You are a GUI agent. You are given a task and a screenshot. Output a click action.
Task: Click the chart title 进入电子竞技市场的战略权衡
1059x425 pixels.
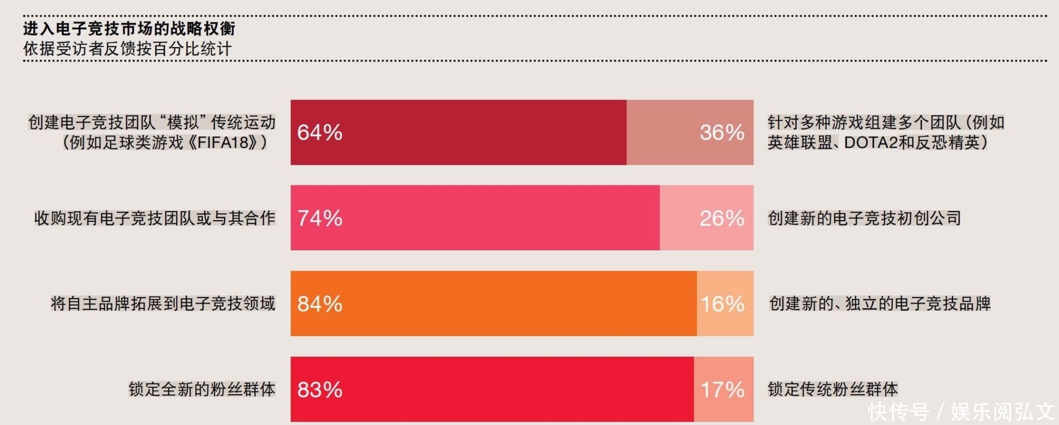129,29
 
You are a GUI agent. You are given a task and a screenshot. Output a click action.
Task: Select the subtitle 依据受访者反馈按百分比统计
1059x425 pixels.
127,49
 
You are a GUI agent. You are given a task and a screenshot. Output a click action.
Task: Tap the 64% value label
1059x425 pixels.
319,133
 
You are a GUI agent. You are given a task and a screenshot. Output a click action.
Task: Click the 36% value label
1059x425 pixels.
722,133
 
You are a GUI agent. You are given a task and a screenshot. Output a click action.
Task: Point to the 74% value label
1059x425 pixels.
319,219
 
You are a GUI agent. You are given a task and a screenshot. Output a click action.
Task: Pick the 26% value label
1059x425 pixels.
722,219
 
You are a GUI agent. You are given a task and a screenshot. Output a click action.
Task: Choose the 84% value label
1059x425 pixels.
319,304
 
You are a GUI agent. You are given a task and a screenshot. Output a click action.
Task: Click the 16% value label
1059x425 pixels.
722,304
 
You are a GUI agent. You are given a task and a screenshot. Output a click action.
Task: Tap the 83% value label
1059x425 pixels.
319,390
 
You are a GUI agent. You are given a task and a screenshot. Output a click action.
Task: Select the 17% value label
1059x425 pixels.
722,390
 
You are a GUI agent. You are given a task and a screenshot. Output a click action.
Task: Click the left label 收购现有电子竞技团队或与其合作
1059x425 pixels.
155,218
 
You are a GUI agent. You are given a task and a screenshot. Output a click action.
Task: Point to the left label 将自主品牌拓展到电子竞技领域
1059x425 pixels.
163,304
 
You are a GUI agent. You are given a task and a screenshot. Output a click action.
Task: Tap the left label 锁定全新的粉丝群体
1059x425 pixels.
202,390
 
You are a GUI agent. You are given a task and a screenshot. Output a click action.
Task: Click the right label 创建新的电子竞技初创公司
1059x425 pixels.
864,218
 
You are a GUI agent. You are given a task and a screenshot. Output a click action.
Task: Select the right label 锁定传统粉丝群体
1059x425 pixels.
832,390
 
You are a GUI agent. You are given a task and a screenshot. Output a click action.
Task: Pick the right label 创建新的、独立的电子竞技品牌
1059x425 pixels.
879,304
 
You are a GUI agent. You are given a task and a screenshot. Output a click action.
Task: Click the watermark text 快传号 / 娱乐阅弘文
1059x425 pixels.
961,412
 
